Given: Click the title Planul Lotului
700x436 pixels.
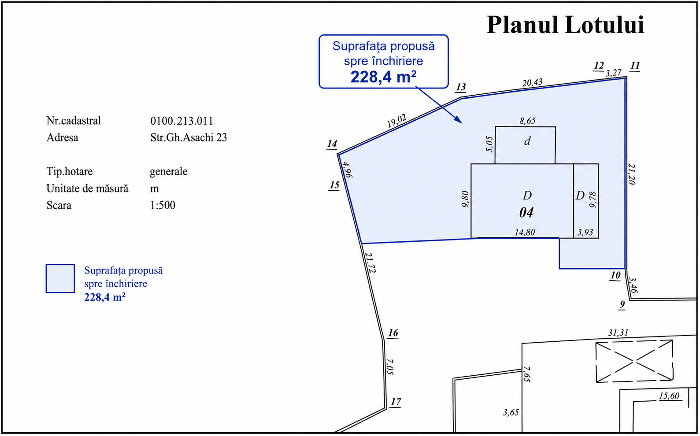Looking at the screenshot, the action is tap(565, 25).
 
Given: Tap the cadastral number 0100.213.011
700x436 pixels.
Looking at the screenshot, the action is tap(181, 121).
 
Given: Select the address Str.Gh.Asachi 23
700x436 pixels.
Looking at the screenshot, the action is tap(189, 138).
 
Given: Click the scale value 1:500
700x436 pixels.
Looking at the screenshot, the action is tap(163, 205).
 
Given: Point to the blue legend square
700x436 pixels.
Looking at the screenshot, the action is tap(60, 279).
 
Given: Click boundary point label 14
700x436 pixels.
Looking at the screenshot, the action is tap(332, 144).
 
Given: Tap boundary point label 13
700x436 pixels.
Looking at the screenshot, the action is tap(461, 87).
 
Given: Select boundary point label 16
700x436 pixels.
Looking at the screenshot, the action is tap(393, 333).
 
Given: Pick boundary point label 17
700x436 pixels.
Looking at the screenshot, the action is tap(396, 402).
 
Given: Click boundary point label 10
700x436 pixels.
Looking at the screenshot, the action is tap(615, 275).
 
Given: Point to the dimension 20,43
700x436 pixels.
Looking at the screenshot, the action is tap(533, 83).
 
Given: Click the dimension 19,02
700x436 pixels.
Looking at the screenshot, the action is tap(396, 121).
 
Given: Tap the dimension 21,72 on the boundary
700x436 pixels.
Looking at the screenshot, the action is tap(370, 262).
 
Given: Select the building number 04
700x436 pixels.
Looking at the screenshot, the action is tap(526, 213).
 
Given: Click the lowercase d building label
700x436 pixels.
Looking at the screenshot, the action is tap(527, 141).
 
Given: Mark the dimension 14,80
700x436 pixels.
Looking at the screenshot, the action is tap(525, 232).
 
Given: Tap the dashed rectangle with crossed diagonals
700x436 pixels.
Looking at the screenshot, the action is tap(634, 362).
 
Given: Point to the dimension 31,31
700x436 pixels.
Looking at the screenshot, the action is tap(618, 333).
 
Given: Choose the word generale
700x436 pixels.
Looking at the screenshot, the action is tap(168, 172).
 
